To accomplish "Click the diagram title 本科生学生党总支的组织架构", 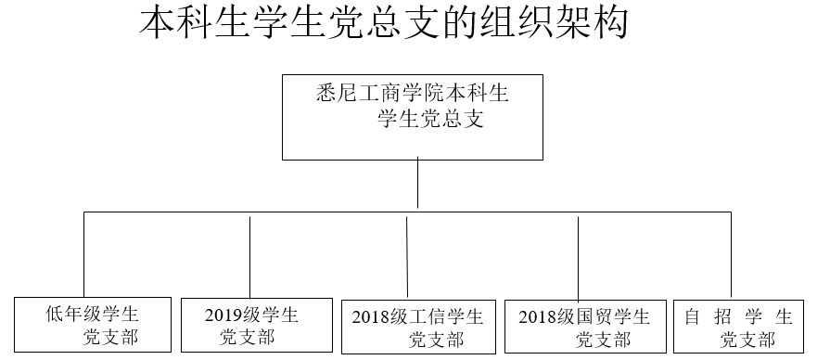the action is click(384, 23).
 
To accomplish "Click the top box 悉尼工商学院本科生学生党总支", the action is click(413, 117).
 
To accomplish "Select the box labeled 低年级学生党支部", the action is click(93, 325).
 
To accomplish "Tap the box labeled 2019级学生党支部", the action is click(257, 325).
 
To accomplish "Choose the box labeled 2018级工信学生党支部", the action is click(418, 327).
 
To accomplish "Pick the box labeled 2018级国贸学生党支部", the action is click(586, 327).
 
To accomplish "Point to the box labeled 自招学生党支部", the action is click(739, 327).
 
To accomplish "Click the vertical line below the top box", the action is click(418, 183).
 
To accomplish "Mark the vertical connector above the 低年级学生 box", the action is click(84, 254).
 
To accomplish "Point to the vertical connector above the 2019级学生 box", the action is click(250, 257).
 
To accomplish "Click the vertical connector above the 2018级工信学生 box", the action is click(407, 257).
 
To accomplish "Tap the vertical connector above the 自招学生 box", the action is click(731, 255).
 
